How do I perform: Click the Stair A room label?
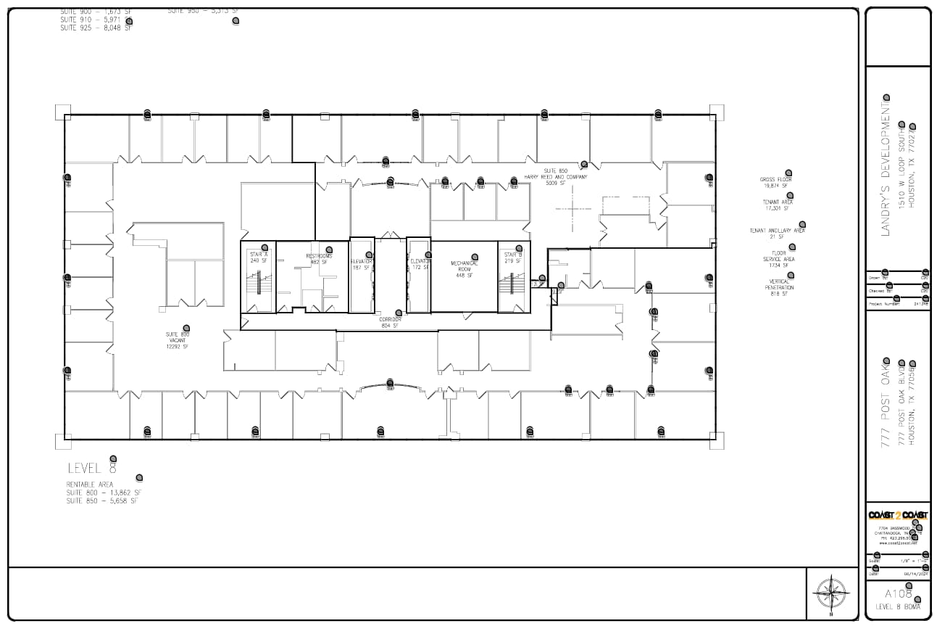tap(259, 258)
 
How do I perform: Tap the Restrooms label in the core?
tap(319, 259)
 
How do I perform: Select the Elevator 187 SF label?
tap(361, 264)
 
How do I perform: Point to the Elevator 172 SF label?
tap(420, 264)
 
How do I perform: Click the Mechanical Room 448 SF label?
tap(465, 269)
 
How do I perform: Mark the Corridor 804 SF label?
tap(391, 323)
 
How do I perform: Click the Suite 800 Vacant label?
tap(178, 340)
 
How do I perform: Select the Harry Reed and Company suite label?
tap(556, 177)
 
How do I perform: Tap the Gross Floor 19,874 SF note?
tap(776, 182)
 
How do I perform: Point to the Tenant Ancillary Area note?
tap(777, 234)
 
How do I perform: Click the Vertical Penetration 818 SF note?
tap(779, 287)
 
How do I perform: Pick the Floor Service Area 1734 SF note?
tap(779, 259)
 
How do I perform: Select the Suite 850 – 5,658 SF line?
tap(101, 501)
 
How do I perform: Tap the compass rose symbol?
tap(833, 592)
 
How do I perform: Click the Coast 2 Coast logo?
tap(898, 515)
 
